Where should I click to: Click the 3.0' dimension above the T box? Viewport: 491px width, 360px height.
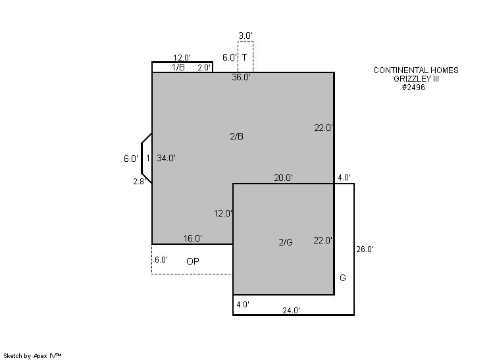(x=245, y=36)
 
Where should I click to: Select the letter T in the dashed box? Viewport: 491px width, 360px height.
(x=244, y=57)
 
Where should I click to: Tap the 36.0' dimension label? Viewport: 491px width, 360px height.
(x=241, y=77)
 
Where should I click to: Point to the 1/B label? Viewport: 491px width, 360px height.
(x=178, y=67)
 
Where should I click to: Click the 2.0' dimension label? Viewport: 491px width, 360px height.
(x=205, y=68)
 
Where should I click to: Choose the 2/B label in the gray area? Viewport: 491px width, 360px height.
(x=236, y=136)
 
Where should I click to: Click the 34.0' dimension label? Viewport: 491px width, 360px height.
(x=166, y=159)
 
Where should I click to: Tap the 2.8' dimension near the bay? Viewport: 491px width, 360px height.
(x=140, y=182)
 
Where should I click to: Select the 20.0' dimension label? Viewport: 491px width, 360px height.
(x=284, y=178)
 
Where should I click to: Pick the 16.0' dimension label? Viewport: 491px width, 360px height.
(x=193, y=238)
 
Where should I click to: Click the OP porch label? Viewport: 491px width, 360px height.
(x=193, y=261)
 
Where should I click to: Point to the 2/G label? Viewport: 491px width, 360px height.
(x=286, y=242)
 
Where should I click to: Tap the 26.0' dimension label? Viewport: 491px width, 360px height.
(x=365, y=249)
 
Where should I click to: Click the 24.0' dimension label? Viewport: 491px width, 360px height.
(x=291, y=310)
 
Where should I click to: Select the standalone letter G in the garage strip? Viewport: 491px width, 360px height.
(x=343, y=278)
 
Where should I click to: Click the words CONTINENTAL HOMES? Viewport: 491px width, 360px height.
(x=416, y=70)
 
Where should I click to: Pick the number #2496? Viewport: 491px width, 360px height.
(x=413, y=88)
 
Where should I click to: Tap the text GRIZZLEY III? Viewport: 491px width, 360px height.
(x=416, y=79)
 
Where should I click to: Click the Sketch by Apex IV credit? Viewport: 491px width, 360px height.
(x=32, y=356)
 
